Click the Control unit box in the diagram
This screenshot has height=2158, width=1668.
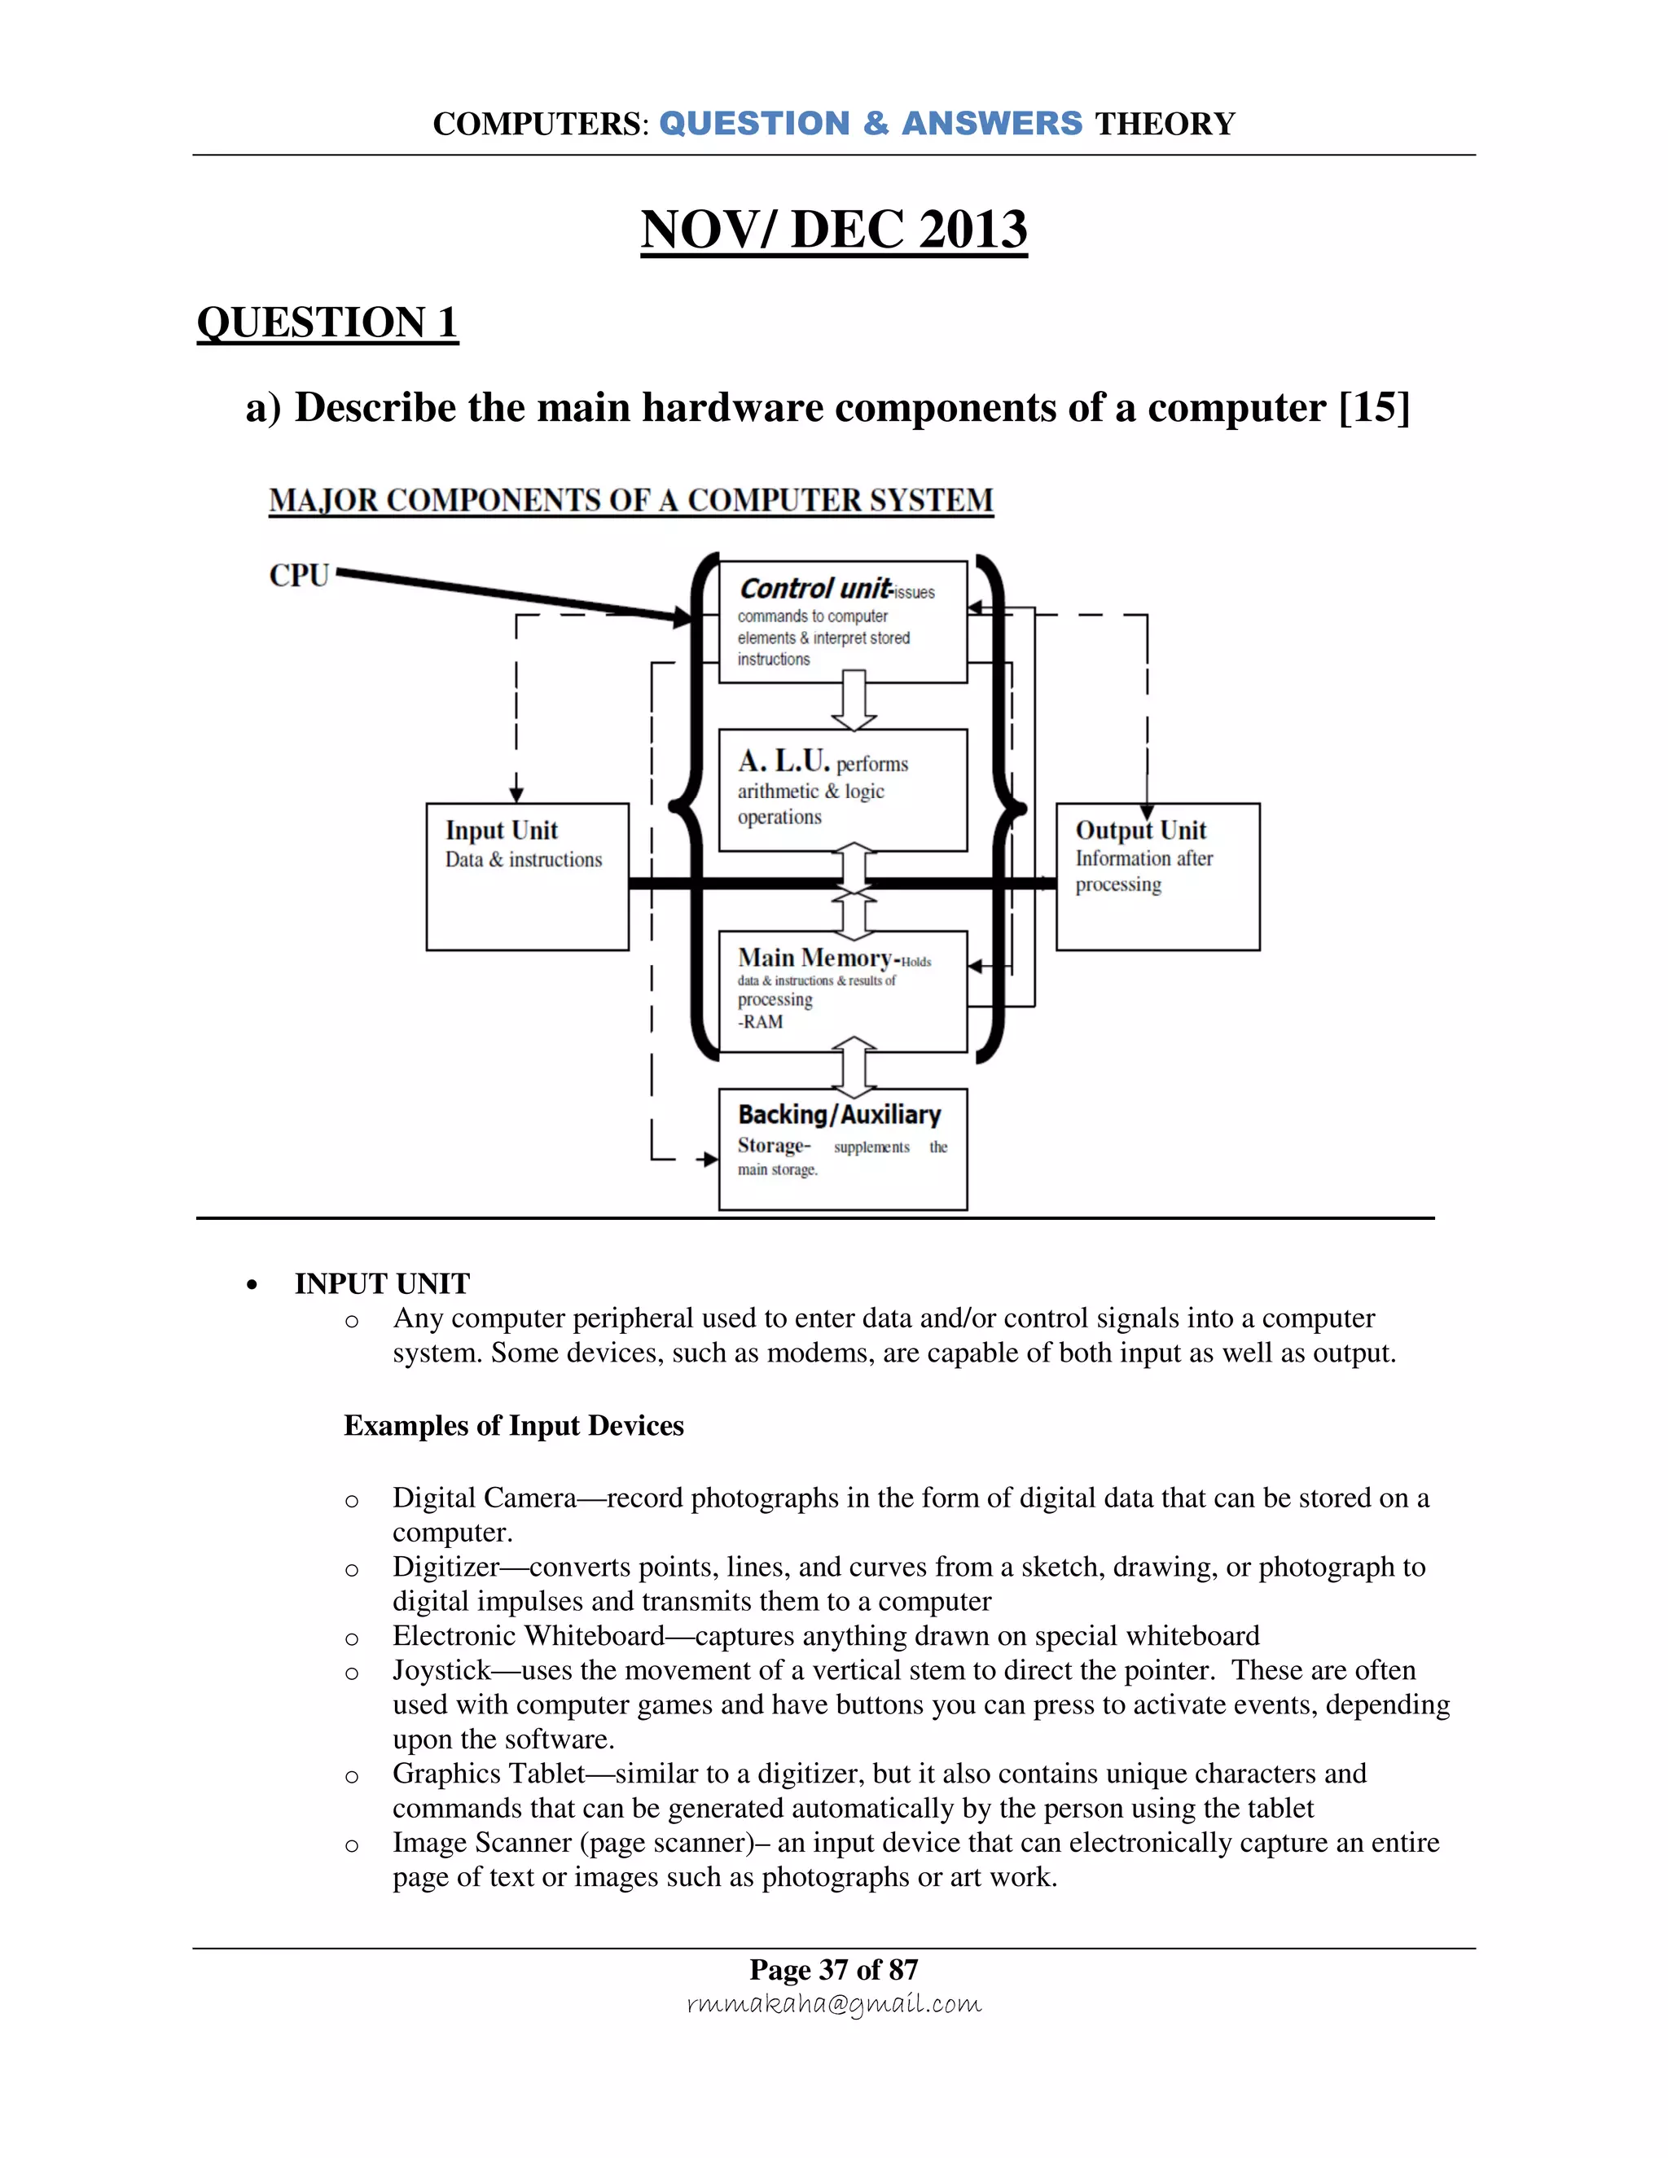click(x=842, y=621)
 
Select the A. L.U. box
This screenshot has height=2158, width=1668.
click(x=842, y=789)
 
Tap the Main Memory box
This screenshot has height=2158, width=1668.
click(x=842, y=991)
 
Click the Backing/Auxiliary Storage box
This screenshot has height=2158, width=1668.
click(x=842, y=1148)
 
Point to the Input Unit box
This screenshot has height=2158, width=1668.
click(x=527, y=876)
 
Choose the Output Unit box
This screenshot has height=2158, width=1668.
click(x=1157, y=876)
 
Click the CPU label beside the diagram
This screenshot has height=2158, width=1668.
click(x=298, y=575)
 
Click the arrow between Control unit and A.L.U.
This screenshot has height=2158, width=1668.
click(x=854, y=700)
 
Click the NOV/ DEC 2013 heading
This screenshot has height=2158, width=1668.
click(x=833, y=230)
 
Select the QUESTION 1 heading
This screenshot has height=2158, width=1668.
click(x=327, y=323)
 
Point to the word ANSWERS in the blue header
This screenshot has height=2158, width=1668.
click(x=991, y=124)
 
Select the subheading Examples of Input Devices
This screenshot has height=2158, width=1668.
click(x=513, y=1426)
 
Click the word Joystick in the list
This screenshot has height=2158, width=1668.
click(x=441, y=1670)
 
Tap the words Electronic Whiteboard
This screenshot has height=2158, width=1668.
click(x=528, y=1635)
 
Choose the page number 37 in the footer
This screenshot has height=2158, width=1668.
click(x=833, y=1969)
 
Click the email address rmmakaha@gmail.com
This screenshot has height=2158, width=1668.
click(x=833, y=2003)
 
